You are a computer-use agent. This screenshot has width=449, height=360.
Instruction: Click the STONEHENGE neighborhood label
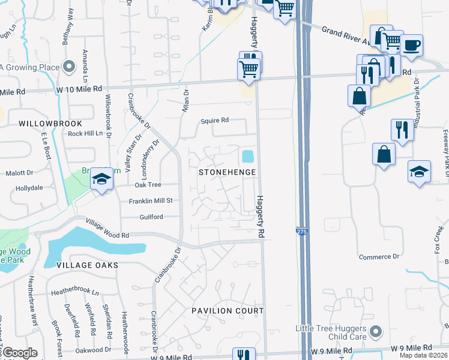click(228, 172)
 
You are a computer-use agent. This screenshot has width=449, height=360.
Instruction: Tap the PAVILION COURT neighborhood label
click(228, 311)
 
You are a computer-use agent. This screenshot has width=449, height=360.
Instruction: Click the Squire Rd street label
click(215, 120)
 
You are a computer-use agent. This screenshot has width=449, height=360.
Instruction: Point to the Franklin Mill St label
click(151, 200)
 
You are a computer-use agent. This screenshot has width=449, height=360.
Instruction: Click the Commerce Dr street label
click(379, 257)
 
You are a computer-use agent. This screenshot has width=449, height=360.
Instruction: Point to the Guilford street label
click(151, 217)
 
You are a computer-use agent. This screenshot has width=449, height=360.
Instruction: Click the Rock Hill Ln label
click(85, 133)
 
